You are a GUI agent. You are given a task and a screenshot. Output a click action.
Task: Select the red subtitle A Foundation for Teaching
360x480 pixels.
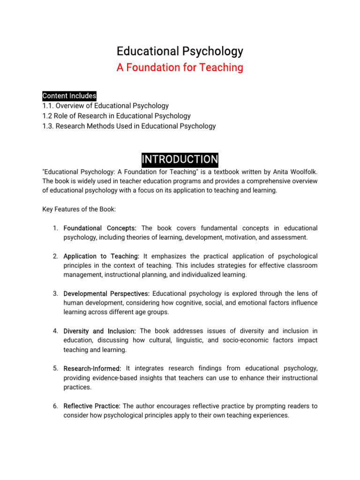(x=180, y=67)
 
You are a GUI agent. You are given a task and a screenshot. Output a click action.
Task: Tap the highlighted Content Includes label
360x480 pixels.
(x=69, y=96)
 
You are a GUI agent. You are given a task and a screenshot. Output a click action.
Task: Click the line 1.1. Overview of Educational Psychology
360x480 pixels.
(x=105, y=106)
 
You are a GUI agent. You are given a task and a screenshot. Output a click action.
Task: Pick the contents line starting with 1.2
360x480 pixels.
(x=116, y=116)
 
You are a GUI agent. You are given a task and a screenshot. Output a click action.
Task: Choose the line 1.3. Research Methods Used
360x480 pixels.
(x=129, y=126)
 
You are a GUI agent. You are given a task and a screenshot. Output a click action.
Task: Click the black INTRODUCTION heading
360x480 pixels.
(x=180, y=159)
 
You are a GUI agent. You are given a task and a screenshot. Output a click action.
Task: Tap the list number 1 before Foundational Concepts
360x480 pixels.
(x=55, y=228)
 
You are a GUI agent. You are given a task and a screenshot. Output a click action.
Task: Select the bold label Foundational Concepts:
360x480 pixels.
(x=100, y=228)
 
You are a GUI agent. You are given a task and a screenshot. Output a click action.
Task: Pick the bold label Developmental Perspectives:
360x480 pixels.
(x=106, y=293)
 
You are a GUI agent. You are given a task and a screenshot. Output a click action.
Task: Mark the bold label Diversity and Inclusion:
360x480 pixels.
(x=100, y=331)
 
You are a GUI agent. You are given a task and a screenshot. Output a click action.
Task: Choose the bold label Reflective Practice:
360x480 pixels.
(x=92, y=406)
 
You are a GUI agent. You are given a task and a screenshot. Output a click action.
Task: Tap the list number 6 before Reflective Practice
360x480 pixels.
(x=55, y=406)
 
